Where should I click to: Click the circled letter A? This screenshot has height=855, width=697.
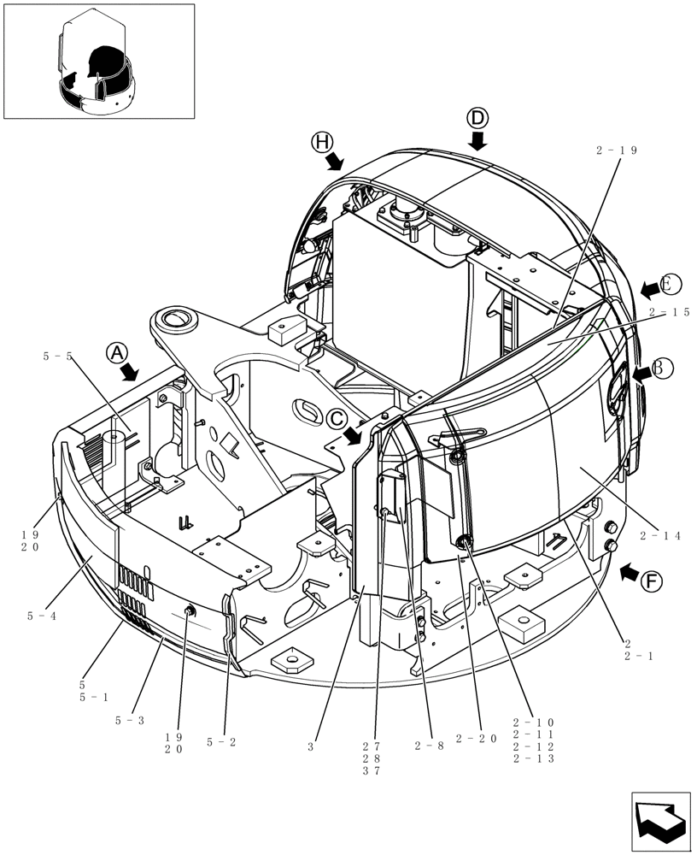[x=116, y=352]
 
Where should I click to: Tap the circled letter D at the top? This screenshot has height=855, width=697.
[x=477, y=119]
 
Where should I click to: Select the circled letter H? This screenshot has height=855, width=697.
[x=322, y=143]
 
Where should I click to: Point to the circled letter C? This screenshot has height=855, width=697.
[x=337, y=418]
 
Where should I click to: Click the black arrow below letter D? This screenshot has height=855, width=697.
[x=477, y=139]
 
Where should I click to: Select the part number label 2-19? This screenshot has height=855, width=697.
[x=618, y=150]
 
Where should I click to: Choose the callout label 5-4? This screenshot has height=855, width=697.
[x=41, y=615]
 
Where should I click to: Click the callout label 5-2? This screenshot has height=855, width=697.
[x=220, y=742]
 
